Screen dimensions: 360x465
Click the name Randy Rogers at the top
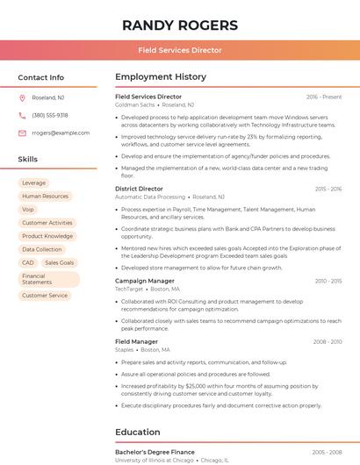(180, 25)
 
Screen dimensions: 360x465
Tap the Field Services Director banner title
(180, 51)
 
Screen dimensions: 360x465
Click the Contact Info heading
(41, 77)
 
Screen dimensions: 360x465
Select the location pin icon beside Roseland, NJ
(22, 97)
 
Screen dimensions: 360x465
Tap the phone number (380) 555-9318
(50, 115)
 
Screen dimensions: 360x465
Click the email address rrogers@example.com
(61, 132)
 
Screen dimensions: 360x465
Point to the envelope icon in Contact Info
(22, 132)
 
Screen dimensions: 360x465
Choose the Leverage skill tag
(33, 182)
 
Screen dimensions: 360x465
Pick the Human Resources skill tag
(45, 197)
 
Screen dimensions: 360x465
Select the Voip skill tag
(28, 210)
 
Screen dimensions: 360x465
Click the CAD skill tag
(28, 262)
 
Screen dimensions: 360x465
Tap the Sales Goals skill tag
(59, 262)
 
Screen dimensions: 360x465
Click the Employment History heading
(161, 77)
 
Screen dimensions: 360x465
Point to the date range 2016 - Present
(324, 97)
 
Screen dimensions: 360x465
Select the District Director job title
(139, 189)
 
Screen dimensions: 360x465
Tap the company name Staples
(124, 349)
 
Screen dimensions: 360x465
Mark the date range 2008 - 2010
(327, 341)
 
